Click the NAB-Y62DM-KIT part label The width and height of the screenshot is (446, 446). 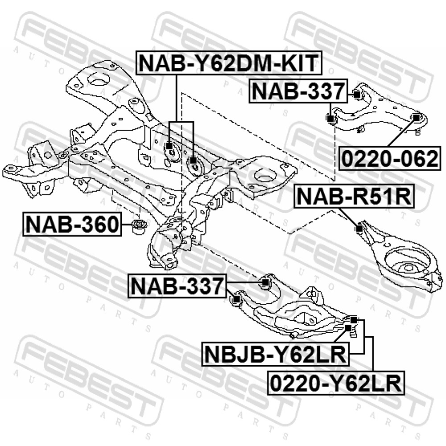point(229,63)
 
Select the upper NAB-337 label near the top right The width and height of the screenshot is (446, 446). point(298,91)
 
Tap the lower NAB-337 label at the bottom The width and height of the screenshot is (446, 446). point(177,286)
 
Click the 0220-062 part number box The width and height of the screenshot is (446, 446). point(390,159)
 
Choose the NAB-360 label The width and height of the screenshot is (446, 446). point(72,224)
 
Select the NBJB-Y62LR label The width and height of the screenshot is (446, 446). point(275,354)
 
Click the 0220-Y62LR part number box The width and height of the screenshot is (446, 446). point(336,383)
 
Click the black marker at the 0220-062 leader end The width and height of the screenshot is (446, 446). point(416,117)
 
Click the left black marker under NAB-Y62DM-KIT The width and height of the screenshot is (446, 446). point(169,146)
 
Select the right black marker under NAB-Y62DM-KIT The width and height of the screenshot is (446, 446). point(194,161)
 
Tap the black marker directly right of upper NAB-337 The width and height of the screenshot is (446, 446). point(357,94)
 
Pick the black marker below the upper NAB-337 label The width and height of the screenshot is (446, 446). point(330,118)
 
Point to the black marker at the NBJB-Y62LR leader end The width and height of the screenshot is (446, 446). point(348,328)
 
